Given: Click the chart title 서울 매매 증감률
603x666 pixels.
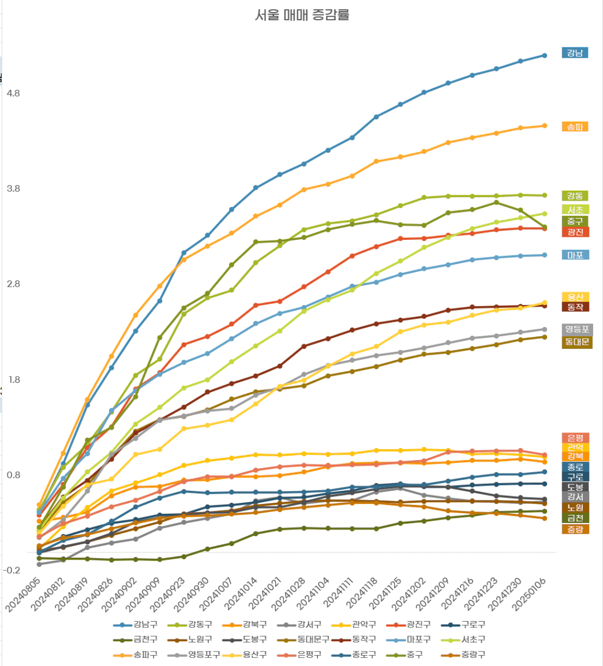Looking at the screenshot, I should (x=302, y=16).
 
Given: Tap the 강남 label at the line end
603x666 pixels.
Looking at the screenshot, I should (x=574, y=53).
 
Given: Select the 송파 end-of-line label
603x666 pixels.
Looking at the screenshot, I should (x=574, y=126).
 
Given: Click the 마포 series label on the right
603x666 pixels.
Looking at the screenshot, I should (x=574, y=255).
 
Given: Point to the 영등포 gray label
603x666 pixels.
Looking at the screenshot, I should (x=577, y=330).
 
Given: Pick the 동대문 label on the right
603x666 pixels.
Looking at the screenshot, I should (x=577, y=343).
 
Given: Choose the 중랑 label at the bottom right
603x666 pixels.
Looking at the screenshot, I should (x=575, y=529).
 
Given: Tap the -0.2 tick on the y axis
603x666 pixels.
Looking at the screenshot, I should (x=13, y=570).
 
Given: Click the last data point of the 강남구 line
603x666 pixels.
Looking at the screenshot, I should (x=544, y=55).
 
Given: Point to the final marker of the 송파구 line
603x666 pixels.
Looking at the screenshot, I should (x=544, y=126).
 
